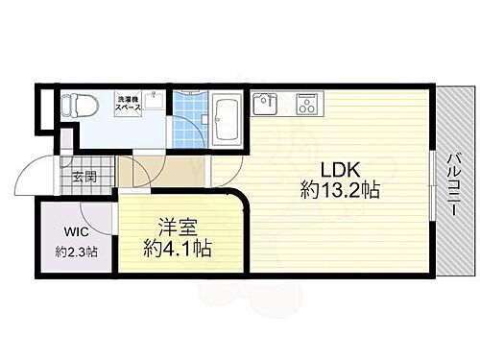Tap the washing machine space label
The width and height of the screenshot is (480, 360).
(129, 104)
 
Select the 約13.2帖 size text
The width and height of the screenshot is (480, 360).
(340, 190)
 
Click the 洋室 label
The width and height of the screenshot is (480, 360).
(179, 229)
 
